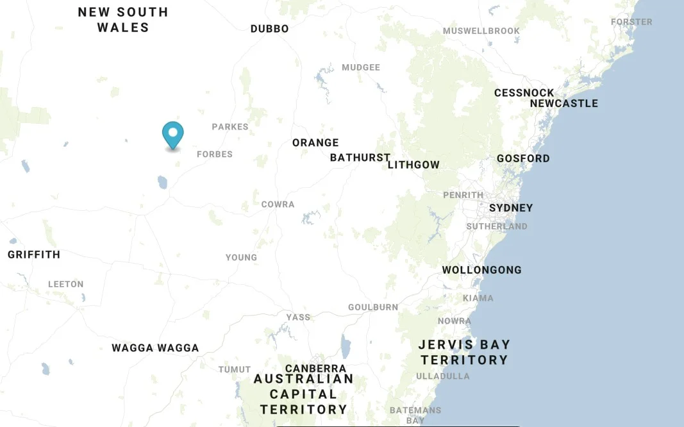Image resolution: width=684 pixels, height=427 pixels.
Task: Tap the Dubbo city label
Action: (269, 29)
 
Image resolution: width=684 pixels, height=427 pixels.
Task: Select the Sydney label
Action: (511, 208)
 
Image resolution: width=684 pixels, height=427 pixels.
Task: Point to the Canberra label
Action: (315, 369)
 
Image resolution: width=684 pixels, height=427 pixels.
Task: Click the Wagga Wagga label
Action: (155, 348)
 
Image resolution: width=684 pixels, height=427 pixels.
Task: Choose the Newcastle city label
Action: (563, 103)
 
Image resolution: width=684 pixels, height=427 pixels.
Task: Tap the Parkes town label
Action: (230, 127)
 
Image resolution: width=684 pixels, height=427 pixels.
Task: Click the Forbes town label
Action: (215, 155)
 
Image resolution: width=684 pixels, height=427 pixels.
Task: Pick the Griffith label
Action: (34, 255)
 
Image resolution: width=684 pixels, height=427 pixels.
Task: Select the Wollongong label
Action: (481, 270)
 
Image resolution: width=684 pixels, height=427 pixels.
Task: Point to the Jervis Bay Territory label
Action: (463, 352)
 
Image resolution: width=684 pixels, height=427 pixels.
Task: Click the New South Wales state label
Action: (123, 20)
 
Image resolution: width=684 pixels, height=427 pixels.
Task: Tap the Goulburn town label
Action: (373, 308)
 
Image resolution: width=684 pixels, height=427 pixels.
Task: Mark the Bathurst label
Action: (360, 158)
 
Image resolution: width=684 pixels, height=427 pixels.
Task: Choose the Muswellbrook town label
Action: (481, 31)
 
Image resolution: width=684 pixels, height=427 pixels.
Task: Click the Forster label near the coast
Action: (631, 22)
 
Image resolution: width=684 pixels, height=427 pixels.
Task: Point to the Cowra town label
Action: (278, 205)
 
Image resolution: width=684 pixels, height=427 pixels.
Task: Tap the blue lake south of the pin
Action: (162, 182)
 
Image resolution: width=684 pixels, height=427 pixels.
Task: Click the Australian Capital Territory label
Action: (303, 394)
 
